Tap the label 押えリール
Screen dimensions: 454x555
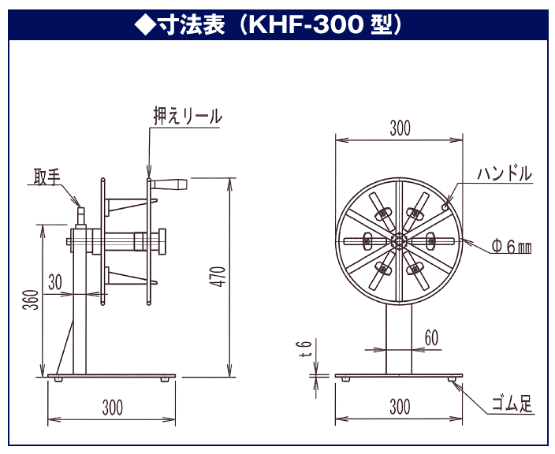(187, 116)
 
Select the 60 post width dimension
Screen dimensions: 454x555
(431, 337)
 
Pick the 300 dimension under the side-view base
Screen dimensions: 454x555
(112, 407)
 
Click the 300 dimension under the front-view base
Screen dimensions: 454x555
(400, 407)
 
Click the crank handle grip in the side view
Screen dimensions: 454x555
(171, 185)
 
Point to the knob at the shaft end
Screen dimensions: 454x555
(162, 241)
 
